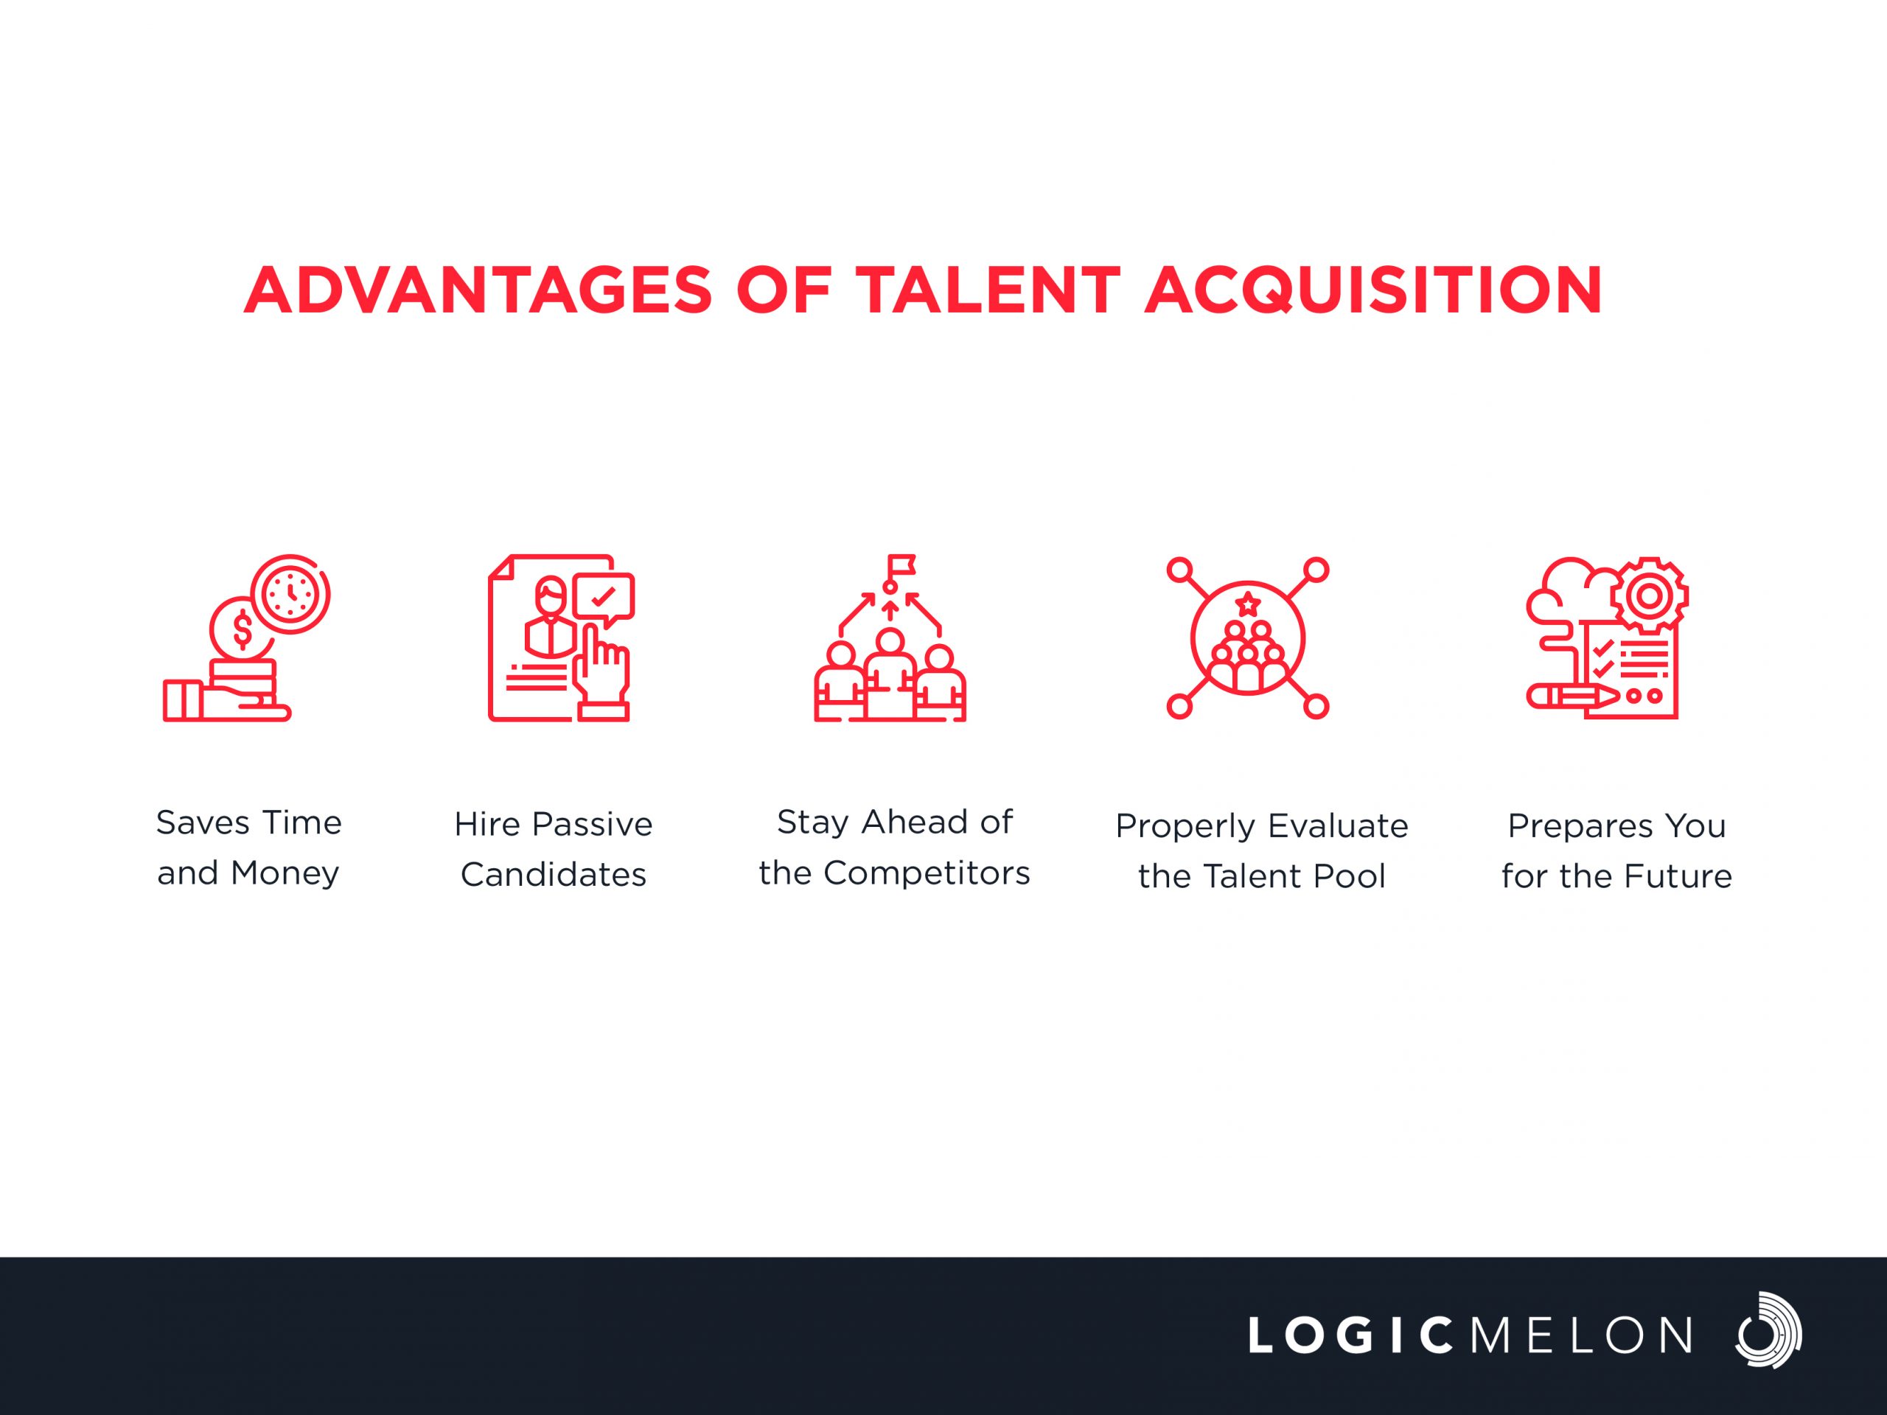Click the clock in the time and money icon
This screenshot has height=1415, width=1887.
pyautogui.click(x=291, y=595)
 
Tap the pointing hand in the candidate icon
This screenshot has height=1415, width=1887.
pyautogui.click(x=602, y=674)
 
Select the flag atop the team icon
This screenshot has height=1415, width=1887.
pyautogui.click(x=900, y=565)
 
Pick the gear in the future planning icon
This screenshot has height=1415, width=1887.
pyautogui.click(x=1650, y=595)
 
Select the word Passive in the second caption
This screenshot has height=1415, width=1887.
pyautogui.click(x=591, y=825)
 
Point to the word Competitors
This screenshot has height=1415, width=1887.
pyautogui.click(x=927, y=873)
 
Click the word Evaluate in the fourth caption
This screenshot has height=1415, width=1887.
pyautogui.click(x=1338, y=825)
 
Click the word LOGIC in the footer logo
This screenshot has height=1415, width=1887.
pyautogui.click(x=1351, y=1335)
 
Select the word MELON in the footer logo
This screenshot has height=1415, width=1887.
pyautogui.click(x=1582, y=1335)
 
